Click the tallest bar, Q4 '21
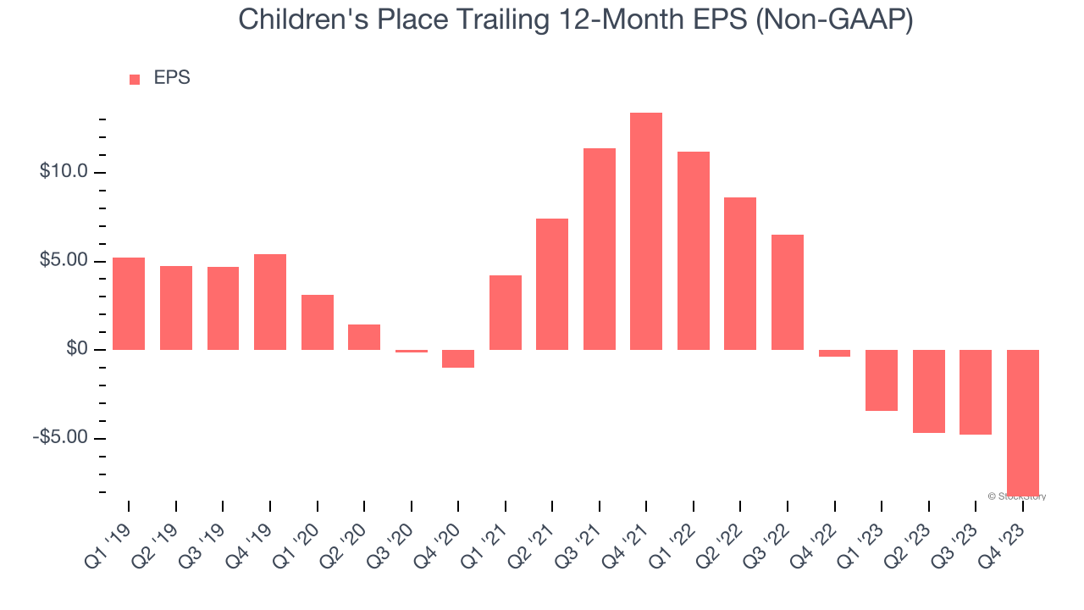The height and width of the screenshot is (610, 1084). coord(646,231)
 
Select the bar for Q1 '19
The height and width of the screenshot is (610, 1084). coord(129,303)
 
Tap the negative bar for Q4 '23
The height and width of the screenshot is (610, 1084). coord(1022,422)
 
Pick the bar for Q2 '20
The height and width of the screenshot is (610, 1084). coord(364,337)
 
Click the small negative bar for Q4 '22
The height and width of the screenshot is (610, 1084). coord(834,353)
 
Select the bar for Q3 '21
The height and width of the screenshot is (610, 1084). coord(600,249)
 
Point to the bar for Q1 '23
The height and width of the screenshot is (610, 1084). coord(882,380)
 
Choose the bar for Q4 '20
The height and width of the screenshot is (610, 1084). coord(458,358)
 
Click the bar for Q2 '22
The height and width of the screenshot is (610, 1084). coord(740,274)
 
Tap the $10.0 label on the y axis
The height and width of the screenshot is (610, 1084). coord(64,172)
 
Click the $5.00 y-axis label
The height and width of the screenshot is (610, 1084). coord(64,261)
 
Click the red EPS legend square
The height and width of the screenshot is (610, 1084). coord(135,80)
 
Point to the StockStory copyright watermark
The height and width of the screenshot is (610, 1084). coord(1017,496)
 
